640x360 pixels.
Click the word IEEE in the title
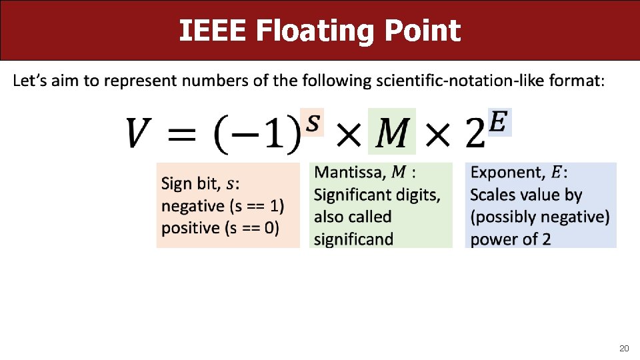coord(213,31)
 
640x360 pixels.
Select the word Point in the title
coord(426,31)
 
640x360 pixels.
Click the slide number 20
coord(624,348)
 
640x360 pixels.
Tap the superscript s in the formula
coord(312,121)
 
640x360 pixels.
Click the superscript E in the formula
coord(500,121)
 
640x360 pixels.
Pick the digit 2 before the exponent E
coord(475,135)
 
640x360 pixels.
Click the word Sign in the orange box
coord(177,184)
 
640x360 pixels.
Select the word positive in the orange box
coord(190,228)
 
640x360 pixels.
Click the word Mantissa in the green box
coord(349,173)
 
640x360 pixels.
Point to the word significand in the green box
coord(353,239)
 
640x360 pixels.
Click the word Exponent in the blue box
coord(507,173)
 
